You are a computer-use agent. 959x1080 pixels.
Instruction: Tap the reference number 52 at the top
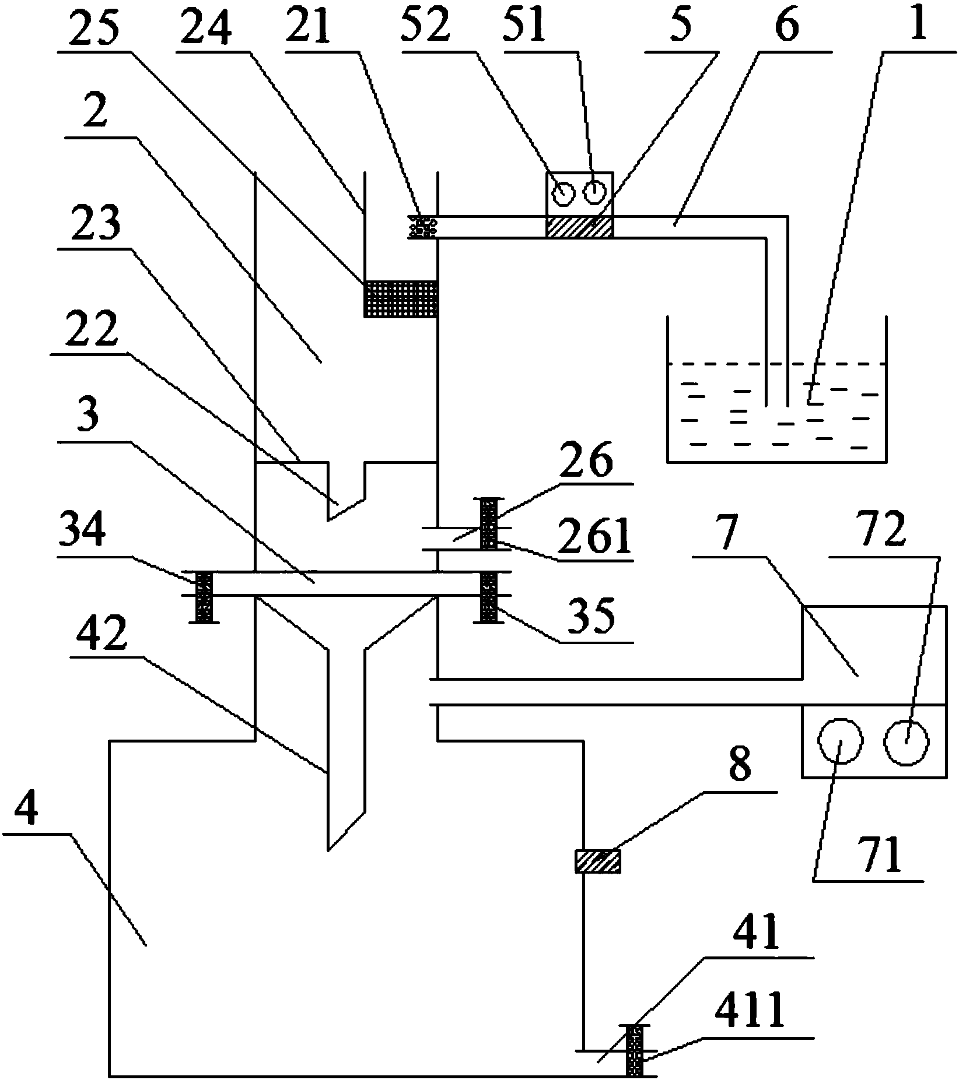pyautogui.click(x=426, y=26)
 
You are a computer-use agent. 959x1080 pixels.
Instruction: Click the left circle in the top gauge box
pyautogui.click(x=563, y=193)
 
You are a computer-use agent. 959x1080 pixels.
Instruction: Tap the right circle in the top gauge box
pyautogui.click(x=593, y=192)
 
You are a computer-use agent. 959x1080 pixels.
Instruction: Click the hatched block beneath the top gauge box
pyautogui.click(x=579, y=227)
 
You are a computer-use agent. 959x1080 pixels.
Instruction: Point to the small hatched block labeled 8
pyautogui.click(x=597, y=861)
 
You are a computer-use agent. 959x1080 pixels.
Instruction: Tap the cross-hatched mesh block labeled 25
pyautogui.click(x=400, y=299)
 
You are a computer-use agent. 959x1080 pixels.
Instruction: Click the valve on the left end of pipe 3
pyautogui.click(x=204, y=597)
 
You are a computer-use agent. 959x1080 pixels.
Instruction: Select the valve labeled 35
pyautogui.click(x=489, y=597)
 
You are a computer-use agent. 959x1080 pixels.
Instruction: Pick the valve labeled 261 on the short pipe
pyautogui.click(x=489, y=523)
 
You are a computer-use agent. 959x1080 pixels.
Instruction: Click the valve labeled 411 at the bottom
pyautogui.click(x=635, y=1050)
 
